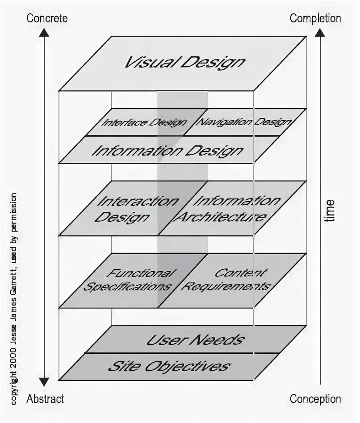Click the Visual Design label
184,62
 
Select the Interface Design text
144,122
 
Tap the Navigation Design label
244,122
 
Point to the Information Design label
167,150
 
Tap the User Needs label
195,340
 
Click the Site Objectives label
168,367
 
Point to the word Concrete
47,18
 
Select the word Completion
315,18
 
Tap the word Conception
315,399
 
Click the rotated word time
329,210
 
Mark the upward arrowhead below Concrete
43,32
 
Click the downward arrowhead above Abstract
43,381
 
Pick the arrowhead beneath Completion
320,32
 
